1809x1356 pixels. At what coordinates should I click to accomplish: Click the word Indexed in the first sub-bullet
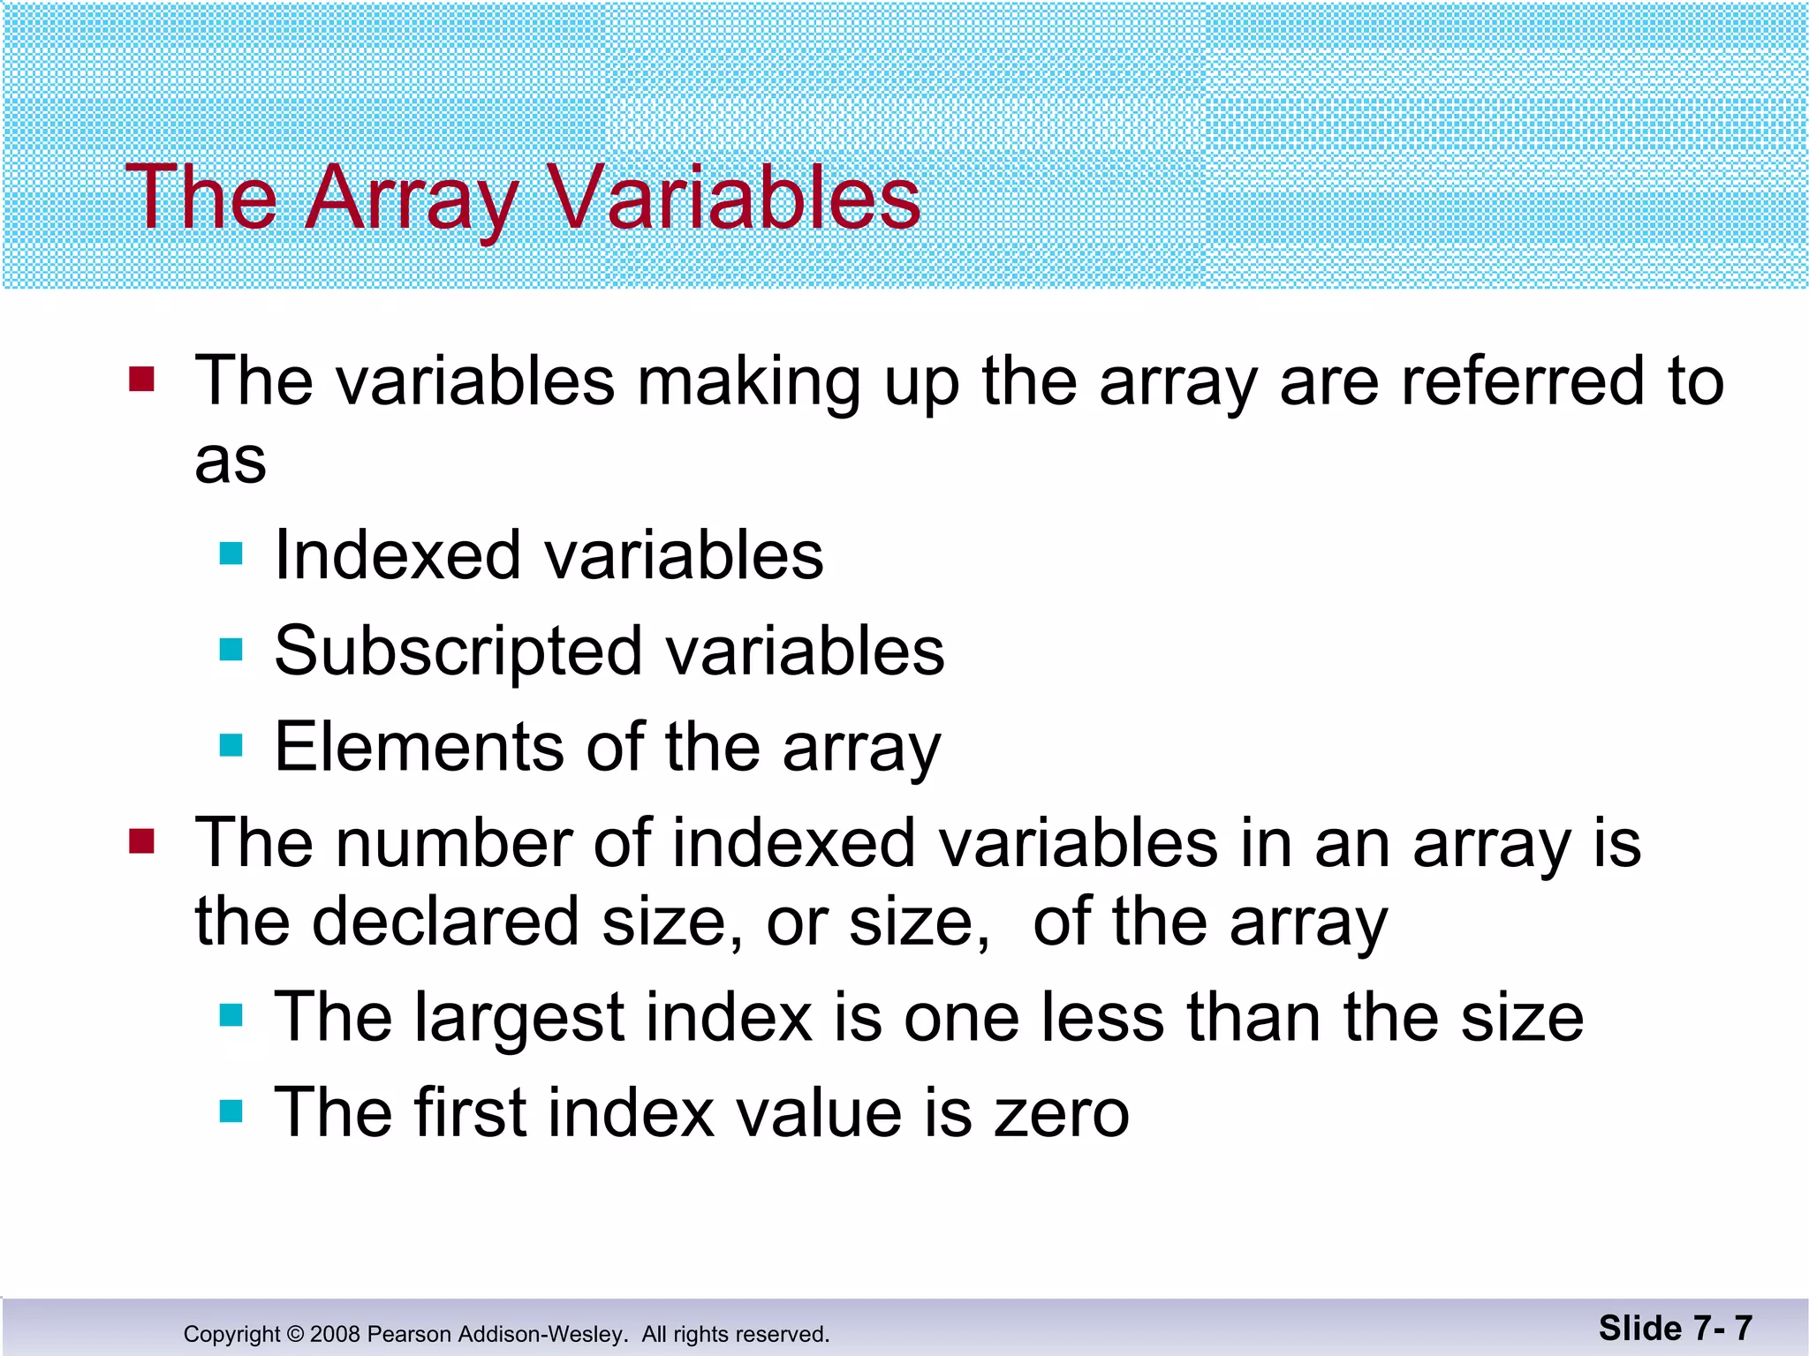tap(397, 555)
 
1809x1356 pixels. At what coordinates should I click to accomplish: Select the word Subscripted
tap(458, 652)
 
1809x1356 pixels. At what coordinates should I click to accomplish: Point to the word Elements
tap(419, 747)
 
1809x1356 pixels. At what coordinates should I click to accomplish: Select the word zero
tap(1062, 1113)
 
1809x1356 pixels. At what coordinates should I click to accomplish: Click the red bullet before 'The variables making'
tap(141, 380)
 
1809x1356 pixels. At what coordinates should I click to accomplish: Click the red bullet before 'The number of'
tap(141, 842)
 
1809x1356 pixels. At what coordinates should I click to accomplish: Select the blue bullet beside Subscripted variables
tap(231, 651)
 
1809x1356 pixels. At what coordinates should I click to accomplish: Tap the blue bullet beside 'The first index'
tap(231, 1111)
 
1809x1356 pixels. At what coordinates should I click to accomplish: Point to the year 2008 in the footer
tap(335, 1334)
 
